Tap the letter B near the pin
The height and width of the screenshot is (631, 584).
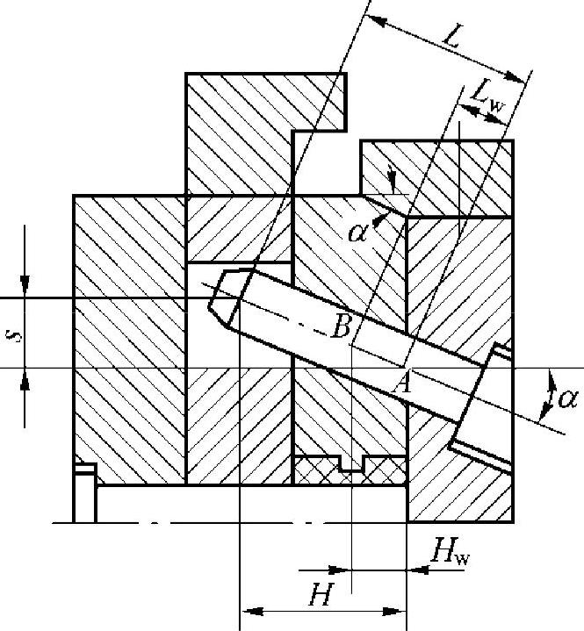tap(343, 326)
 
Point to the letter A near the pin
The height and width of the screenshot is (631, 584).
tap(405, 383)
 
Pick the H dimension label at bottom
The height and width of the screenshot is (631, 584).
tap(319, 597)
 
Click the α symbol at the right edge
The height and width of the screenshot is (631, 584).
tap(567, 399)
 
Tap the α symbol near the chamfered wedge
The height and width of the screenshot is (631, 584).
tap(357, 233)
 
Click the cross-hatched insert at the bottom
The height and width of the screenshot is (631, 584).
tap(349, 470)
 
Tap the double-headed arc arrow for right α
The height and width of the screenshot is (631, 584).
tap(549, 391)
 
